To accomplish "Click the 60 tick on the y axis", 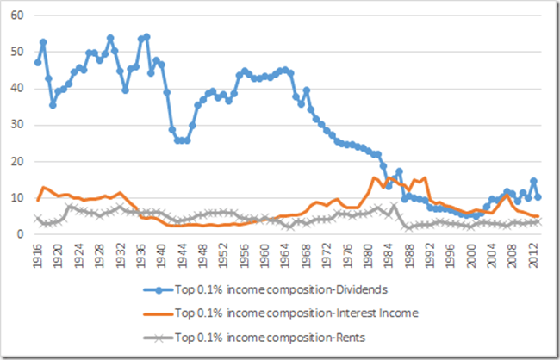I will click(18, 16).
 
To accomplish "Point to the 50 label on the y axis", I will click(18, 53).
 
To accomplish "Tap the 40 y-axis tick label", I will click(18, 89).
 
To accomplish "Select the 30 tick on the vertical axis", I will click(18, 125).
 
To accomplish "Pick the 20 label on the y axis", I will click(18, 161).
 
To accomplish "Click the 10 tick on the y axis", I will click(18, 197).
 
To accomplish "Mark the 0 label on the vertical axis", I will click(21, 233).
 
